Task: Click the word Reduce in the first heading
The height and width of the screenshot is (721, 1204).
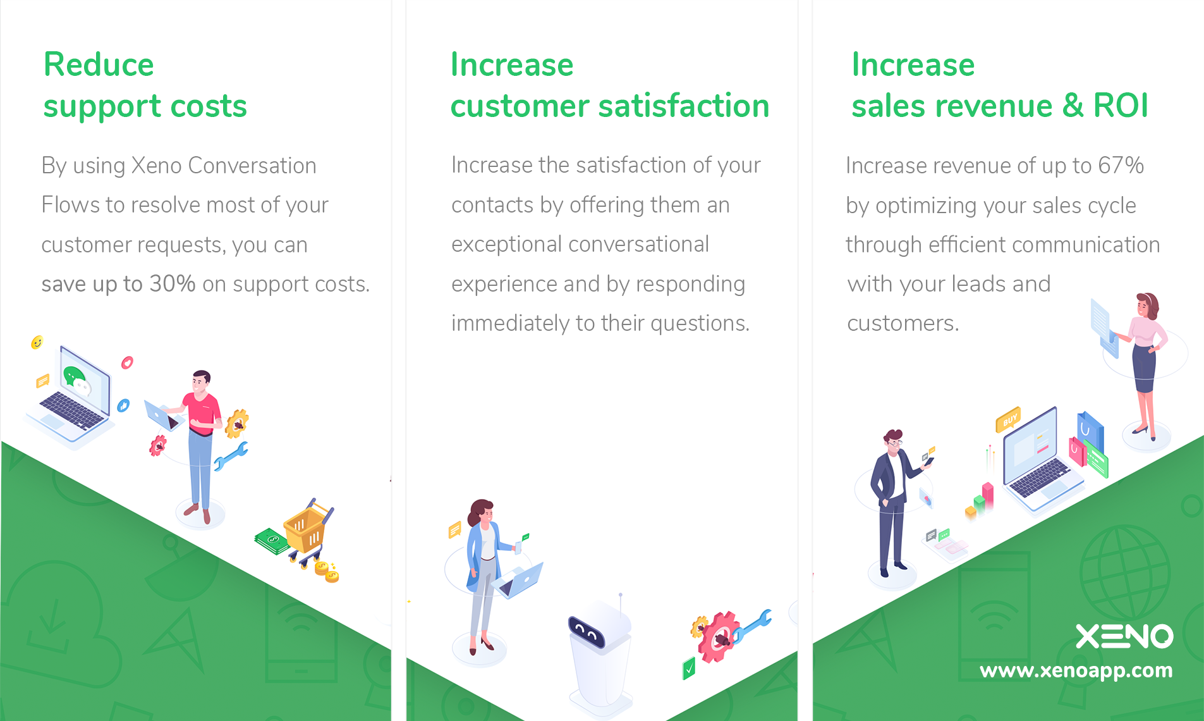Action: [99, 65]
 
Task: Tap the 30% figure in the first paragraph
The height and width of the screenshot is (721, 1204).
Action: [172, 284]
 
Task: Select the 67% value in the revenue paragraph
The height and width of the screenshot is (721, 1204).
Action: [1121, 165]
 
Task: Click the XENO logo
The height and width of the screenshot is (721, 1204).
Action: [1124, 636]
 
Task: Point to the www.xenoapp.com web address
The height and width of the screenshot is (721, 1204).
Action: [1076, 670]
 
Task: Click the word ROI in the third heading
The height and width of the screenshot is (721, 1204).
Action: [1121, 105]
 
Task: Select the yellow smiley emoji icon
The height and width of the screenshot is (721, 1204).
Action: [37, 342]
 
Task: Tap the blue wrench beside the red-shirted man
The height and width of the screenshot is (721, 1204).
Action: [231, 456]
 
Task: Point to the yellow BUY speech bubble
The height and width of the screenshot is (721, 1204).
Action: [1008, 419]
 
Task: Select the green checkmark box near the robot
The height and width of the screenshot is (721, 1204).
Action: [689, 669]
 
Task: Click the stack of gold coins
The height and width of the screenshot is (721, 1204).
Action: [326, 571]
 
